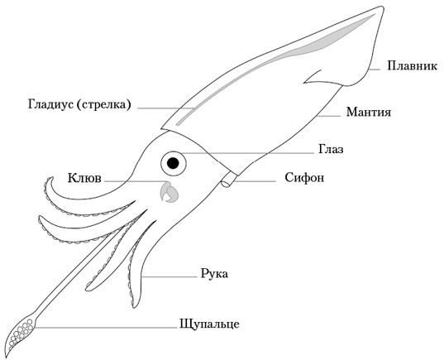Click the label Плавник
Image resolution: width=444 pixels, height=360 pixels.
click(x=412, y=66)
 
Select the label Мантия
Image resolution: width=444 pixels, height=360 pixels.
click(x=369, y=113)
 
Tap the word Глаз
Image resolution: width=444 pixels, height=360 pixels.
click(x=331, y=149)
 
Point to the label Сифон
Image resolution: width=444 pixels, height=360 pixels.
click(x=304, y=178)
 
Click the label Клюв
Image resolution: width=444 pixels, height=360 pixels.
click(x=84, y=178)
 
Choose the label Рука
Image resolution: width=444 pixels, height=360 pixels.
click(x=214, y=275)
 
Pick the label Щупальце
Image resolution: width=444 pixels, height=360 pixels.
click(x=209, y=324)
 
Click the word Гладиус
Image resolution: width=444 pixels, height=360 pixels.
click(x=50, y=104)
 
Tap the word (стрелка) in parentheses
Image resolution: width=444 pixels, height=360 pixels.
click(x=104, y=105)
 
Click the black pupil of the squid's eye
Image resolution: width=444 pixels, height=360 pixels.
click(x=173, y=163)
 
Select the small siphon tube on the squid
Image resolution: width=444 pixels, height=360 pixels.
click(x=229, y=180)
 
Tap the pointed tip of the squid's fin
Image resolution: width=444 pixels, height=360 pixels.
click(x=383, y=7)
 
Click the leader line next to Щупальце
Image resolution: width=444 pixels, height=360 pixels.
click(x=107, y=328)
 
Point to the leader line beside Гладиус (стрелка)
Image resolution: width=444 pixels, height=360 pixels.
click(x=165, y=108)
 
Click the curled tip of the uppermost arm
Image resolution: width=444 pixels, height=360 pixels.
click(x=51, y=178)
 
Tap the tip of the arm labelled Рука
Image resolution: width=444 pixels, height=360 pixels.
click(x=133, y=307)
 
